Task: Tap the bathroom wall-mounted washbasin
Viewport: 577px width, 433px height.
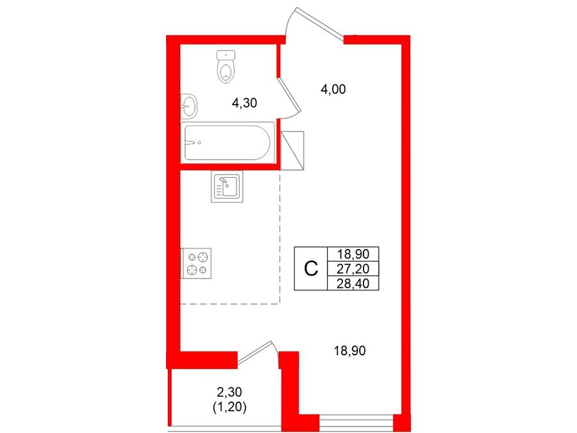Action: pyautogui.click(x=188, y=106)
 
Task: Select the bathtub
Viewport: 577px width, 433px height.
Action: pyautogui.click(x=228, y=142)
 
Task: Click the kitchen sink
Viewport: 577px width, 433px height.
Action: pyautogui.click(x=227, y=187)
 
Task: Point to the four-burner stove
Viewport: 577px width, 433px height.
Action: pyautogui.click(x=196, y=263)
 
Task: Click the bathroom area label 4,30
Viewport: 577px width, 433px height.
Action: pyautogui.click(x=244, y=103)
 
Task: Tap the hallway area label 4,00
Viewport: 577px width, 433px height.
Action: pyautogui.click(x=333, y=89)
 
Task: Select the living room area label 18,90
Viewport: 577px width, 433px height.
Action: pyautogui.click(x=349, y=351)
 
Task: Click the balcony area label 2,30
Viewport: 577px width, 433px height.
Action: pyautogui.click(x=229, y=393)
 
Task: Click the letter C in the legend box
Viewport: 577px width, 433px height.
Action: pyautogui.click(x=311, y=269)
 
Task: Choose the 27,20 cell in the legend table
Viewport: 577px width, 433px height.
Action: pyautogui.click(x=353, y=269)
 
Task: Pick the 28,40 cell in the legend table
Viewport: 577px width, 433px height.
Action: pyautogui.click(x=353, y=283)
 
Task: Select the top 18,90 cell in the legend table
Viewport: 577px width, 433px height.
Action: pyautogui.click(x=353, y=254)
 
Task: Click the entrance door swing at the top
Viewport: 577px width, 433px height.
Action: pyautogui.click(x=315, y=21)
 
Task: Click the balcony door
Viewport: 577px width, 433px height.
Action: pyautogui.click(x=257, y=353)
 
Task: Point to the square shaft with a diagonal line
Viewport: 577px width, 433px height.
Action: pyautogui.click(x=292, y=151)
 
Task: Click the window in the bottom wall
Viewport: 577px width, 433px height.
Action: pyautogui.click(x=356, y=420)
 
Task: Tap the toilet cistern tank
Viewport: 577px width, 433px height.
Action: pyautogui.click(x=226, y=55)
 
